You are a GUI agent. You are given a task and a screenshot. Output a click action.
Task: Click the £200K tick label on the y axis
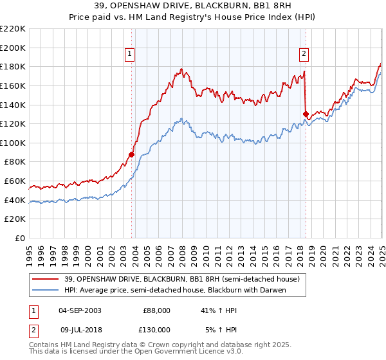click(14, 48)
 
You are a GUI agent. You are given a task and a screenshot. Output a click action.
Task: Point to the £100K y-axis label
click(14, 143)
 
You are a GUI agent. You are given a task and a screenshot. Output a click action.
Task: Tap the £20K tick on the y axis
click(15, 219)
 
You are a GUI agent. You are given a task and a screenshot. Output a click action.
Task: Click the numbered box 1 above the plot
click(130, 54)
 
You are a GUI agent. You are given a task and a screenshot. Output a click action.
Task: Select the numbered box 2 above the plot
click(304, 54)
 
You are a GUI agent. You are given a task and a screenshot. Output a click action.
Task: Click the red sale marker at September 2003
click(131, 154)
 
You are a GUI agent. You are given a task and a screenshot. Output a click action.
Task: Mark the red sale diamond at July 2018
click(306, 114)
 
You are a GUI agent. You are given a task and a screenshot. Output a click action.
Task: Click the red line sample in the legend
click(45, 280)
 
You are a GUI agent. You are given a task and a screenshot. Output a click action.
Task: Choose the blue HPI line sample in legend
click(45, 290)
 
